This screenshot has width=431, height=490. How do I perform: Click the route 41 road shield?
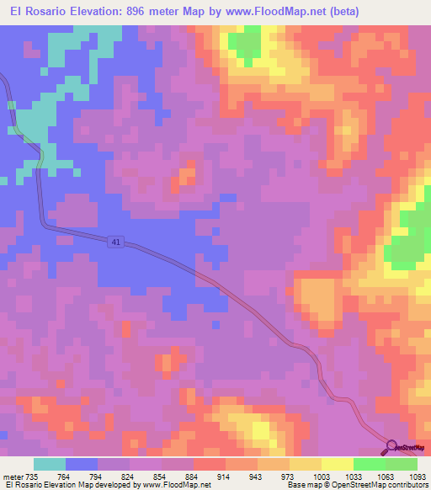(114, 242)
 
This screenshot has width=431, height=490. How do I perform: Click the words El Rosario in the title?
(36, 12)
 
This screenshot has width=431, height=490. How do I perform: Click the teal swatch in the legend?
(50, 464)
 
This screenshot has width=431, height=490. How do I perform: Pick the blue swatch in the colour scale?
(82, 464)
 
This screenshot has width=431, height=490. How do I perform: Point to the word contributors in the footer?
(406, 485)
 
